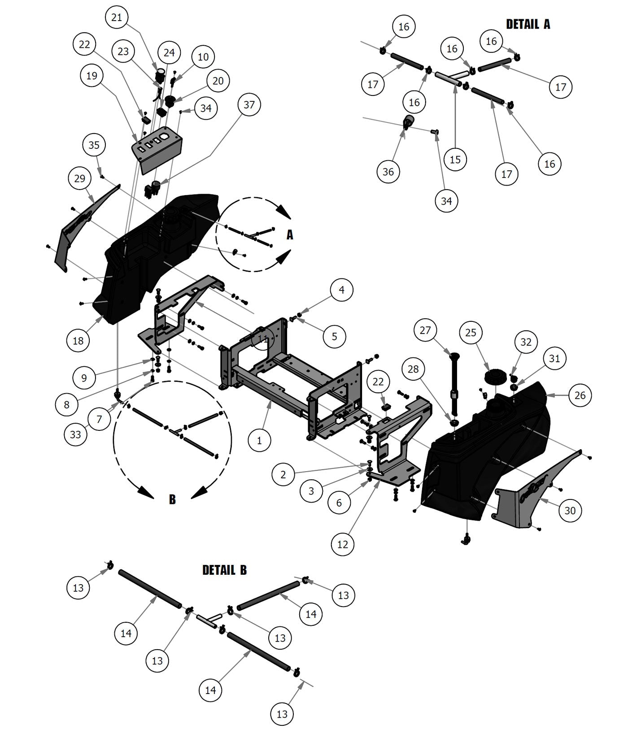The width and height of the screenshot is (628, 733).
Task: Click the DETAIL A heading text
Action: click(528, 24)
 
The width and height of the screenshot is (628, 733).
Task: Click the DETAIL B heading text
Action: click(224, 570)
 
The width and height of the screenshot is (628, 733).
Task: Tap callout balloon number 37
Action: click(249, 104)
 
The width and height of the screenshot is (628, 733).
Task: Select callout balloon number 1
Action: click(259, 441)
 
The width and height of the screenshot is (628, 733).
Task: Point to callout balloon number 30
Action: click(570, 510)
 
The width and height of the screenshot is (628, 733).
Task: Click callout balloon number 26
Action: click(580, 395)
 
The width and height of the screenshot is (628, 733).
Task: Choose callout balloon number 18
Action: click(78, 340)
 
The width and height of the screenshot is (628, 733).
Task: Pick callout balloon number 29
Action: click(79, 178)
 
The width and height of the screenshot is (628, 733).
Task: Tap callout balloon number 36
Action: click(388, 171)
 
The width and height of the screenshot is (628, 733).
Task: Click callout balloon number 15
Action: click(455, 159)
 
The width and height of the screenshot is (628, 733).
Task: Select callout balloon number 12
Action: click(342, 544)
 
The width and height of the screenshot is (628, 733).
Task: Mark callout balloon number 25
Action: click(471, 332)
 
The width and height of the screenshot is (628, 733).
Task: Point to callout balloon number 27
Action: click(425, 330)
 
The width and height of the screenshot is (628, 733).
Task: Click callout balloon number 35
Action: click(94, 145)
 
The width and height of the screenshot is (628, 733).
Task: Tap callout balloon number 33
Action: click(75, 434)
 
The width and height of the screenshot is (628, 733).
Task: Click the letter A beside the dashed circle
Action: click(290, 234)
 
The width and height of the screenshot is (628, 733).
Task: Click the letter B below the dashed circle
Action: click(172, 499)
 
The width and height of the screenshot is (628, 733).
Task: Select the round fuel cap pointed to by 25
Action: click(496, 376)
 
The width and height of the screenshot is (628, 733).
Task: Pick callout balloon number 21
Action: click(117, 17)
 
